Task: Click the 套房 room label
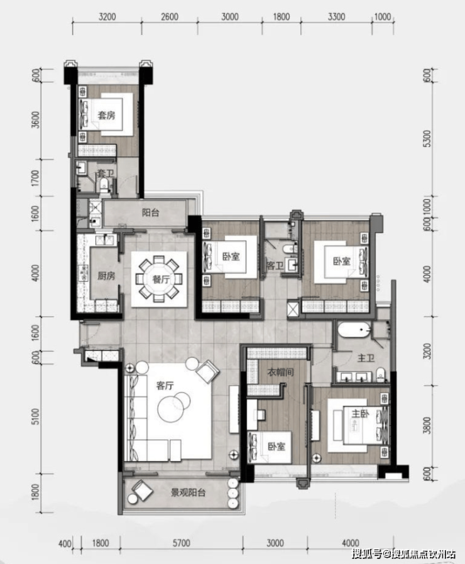tap(107, 115)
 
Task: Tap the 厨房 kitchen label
tap(106, 276)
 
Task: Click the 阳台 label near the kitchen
tap(150, 212)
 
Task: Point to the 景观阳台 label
tap(188, 492)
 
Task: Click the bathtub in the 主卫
tap(354, 330)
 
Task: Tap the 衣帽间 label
tap(281, 372)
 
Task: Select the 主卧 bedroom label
tap(360, 414)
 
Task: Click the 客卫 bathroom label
tap(275, 266)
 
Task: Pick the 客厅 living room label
tap(165, 386)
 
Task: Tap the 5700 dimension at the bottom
tap(181, 543)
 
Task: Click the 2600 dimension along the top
tap(170, 17)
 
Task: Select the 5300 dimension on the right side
tap(427, 138)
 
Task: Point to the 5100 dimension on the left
tap(35, 416)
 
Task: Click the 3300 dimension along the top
tap(337, 17)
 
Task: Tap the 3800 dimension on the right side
tap(427, 426)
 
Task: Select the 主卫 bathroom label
tap(366, 358)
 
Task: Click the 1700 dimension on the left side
tap(35, 178)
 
